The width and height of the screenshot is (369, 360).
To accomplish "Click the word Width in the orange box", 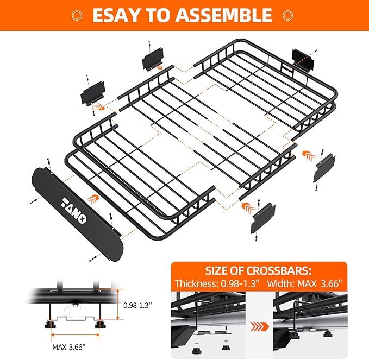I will pos(289,285).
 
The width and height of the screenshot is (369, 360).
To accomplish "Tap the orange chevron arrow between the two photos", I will pos(260,327).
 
